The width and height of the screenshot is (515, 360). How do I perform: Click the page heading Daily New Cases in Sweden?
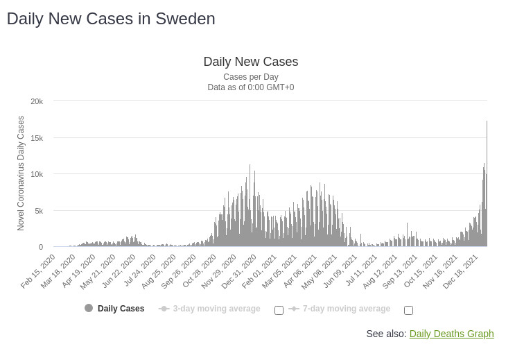[x=111, y=19]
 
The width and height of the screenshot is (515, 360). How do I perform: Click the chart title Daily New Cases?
[x=250, y=62]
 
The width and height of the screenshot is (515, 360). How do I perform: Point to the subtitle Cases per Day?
[x=250, y=77]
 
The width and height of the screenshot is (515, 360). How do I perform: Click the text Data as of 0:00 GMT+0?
[x=250, y=87]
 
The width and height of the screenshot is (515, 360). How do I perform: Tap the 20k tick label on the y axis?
[x=37, y=101]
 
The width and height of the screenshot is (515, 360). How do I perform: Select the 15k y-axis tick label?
[x=37, y=138]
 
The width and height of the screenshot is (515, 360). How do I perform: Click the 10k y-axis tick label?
[x=37, y=174]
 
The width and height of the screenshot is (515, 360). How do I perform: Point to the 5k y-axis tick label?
[x=39, y=211]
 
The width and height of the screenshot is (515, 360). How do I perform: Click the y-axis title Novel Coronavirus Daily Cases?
[x=21, y=173]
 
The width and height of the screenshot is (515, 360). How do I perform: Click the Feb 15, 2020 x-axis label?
[x=39, y=271]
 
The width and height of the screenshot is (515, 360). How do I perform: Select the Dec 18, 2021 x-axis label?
[x=461, y=271]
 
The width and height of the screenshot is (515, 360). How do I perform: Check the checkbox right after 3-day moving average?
[x=279, y=310]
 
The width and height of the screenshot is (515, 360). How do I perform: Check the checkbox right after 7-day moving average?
[x=408, y=310]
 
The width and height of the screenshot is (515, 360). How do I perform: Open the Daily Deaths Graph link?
[x=451, y=334]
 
